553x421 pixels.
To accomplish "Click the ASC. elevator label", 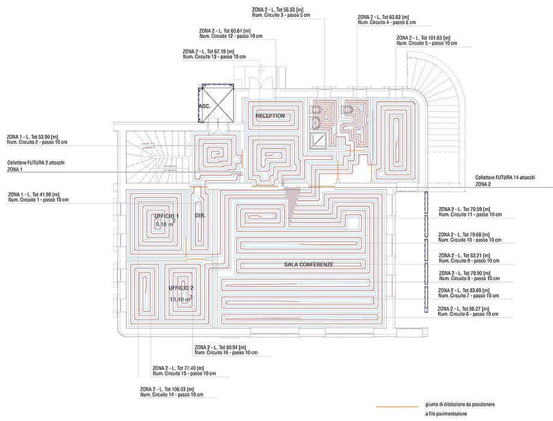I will click(204, 106).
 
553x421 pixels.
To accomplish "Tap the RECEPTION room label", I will click(270, 115).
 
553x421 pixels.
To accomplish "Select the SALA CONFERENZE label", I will click(309, 265).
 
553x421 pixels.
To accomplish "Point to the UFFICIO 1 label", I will click(167, 215).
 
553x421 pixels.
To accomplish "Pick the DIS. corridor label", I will click(200, 215).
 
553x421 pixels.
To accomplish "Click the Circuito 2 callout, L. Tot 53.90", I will click(37, 139).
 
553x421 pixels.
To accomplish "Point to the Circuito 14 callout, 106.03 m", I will click(171, 392).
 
